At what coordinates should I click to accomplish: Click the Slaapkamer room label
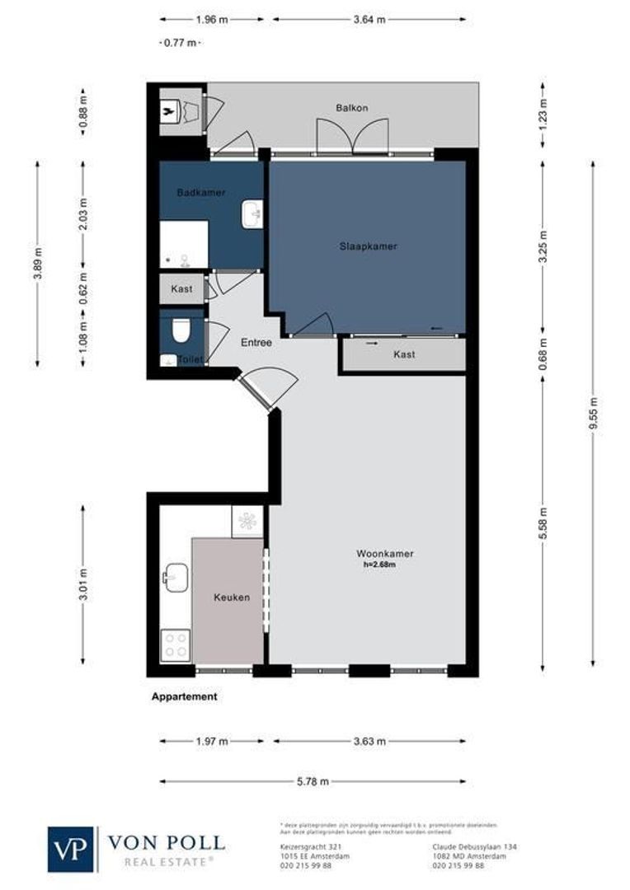coord(368,246)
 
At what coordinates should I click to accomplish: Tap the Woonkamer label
coord(384,554)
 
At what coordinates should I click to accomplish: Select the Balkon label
coord(351,108)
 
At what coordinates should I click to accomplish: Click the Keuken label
coord(231,597)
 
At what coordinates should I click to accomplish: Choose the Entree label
coord(256,342)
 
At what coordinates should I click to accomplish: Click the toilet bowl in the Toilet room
coord(180,331)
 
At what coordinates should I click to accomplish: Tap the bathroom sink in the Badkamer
coord(252,214)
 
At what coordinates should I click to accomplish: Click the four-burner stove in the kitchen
coord(176,644)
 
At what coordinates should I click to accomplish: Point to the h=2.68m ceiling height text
coord(379,565)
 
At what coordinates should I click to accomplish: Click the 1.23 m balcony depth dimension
coord(543,114)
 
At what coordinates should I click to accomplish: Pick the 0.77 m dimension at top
coord(178,43)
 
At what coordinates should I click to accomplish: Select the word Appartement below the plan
coord(185,696)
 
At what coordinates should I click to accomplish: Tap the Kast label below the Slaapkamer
coord(404,354)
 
